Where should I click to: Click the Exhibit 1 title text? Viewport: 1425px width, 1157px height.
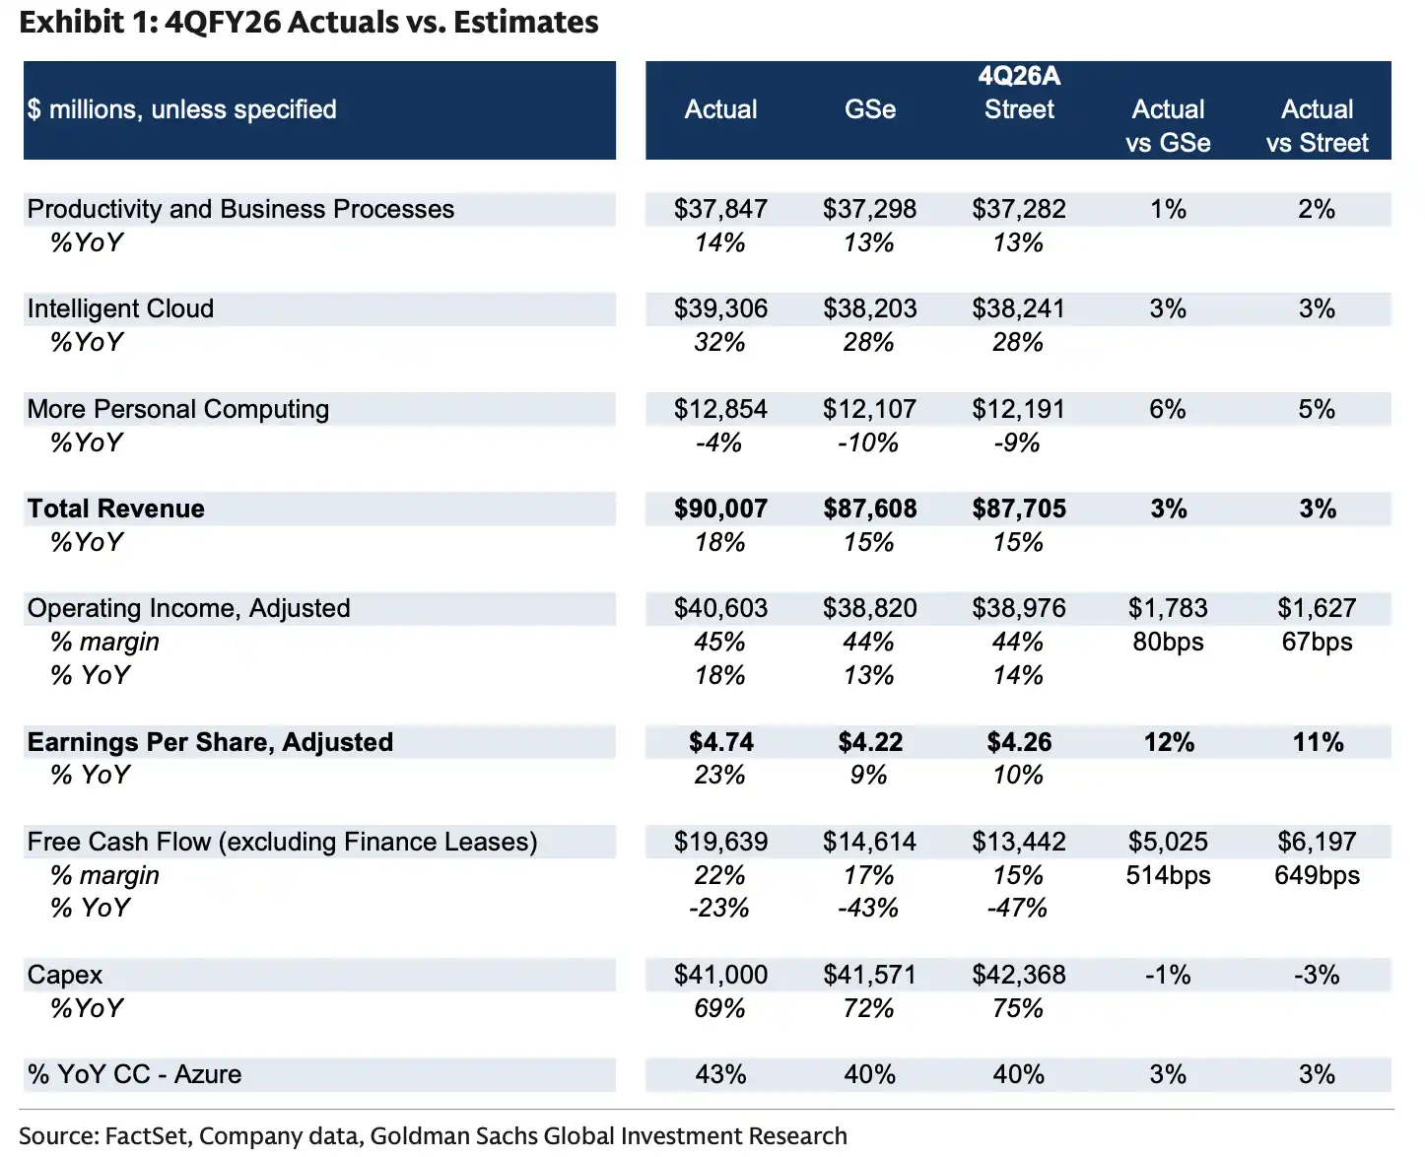pyautogui.click(x=308, y=22)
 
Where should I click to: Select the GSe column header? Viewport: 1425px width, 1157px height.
pyautogui.click(x=870, y=109)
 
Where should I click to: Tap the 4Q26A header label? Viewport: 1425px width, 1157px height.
pyautogui.click(x=1019, y=76)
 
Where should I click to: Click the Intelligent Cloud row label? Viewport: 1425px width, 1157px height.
pyautogui.click(x=120, y=308)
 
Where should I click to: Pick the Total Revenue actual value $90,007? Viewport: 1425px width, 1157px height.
pyautogui.click(x=720, y=509)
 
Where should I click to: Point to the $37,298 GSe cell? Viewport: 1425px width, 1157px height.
pyautogui.click(x=870, y=209)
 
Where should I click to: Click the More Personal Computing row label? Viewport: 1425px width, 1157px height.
pyautogui.click(x=178, y=409)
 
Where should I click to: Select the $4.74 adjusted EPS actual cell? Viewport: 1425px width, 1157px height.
pyautogui.click(x=720, y=742)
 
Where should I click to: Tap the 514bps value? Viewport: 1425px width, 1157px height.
pyautogui.click(x=1168, y=875)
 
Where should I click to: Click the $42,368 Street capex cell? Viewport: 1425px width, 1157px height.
pyautogui.click(x=1019, y=975)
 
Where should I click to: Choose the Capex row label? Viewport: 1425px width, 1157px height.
pyautogui.click(x=65, y=975)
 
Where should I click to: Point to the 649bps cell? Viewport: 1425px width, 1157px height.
pyautogui.click(x=1317, y=875)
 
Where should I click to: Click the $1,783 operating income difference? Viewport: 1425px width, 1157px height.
pyautogui.click(x=1168, y=608)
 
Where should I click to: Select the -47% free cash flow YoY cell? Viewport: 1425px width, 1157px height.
pyautogui.click(x=1017, y=908)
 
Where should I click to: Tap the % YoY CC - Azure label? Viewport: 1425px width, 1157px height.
pyautogui.click(x=134, y=1074)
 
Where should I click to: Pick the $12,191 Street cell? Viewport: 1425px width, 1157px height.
pyautogui.click(x=1019, y=409)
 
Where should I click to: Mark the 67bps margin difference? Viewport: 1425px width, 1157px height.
pyautogui.click(x=1317, y=642)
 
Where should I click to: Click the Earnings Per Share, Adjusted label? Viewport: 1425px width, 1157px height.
pyautogui.click(x=210, y=742)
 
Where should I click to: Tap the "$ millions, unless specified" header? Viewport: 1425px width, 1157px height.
pyautogui.click(x=182, y=109)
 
